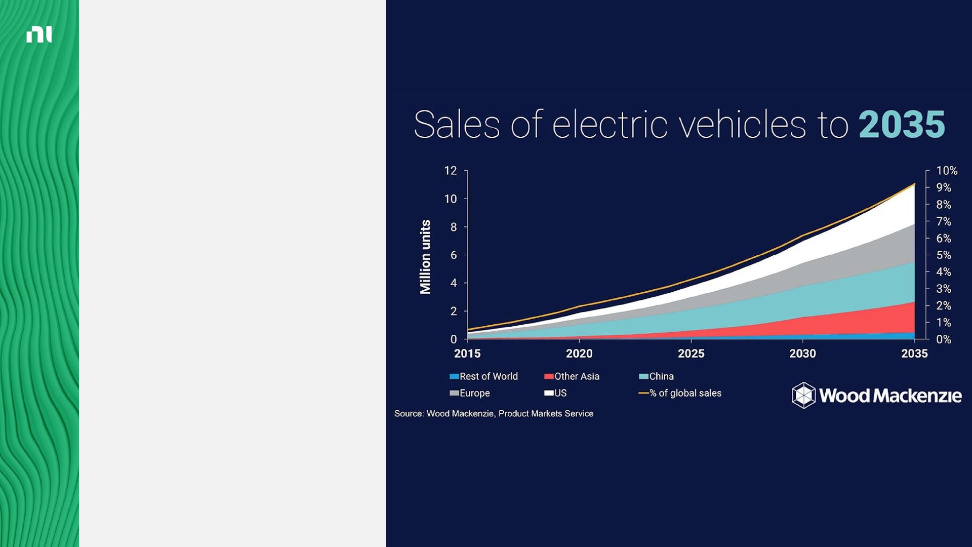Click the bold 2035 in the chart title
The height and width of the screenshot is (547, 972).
[902, 125]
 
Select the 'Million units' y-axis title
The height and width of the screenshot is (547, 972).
[425, 257]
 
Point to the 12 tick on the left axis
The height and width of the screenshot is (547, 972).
[451, 171]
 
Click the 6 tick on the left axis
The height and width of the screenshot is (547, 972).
[454, 255]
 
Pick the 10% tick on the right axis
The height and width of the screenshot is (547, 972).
[946, 171]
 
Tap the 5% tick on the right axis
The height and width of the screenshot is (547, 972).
[943, 255]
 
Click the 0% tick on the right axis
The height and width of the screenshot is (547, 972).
[943, 339]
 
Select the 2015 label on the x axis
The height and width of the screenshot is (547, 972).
[467, 354]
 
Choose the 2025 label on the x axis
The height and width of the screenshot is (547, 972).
[691, 354]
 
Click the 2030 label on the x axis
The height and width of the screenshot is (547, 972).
[802, 354]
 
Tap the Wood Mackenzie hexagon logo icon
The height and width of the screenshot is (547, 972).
[803, 395]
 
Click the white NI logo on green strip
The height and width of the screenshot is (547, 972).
[39, 34]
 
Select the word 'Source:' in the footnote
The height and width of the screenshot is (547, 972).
[409, 414]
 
